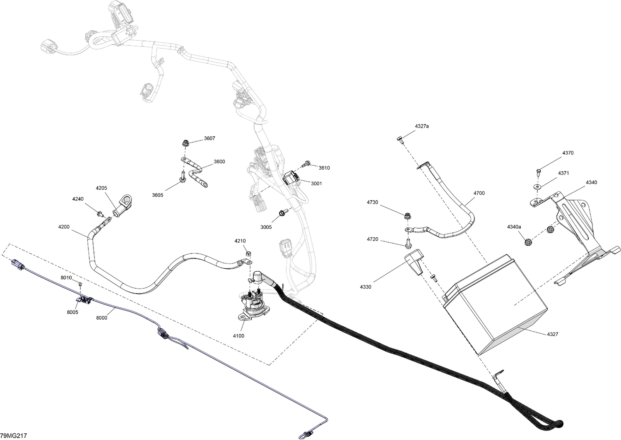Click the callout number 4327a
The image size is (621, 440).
[x=422, y=126]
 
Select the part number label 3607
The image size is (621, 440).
[x=209, y=139]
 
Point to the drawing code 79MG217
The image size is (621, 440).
[x=14, y=436]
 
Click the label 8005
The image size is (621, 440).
[x=72, y=312]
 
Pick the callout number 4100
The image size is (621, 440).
[x=238, y=336]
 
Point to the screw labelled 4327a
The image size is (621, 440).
[x=400, y=139]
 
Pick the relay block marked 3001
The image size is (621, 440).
[x=291, y=178]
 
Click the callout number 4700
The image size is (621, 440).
[x=479, y=193]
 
